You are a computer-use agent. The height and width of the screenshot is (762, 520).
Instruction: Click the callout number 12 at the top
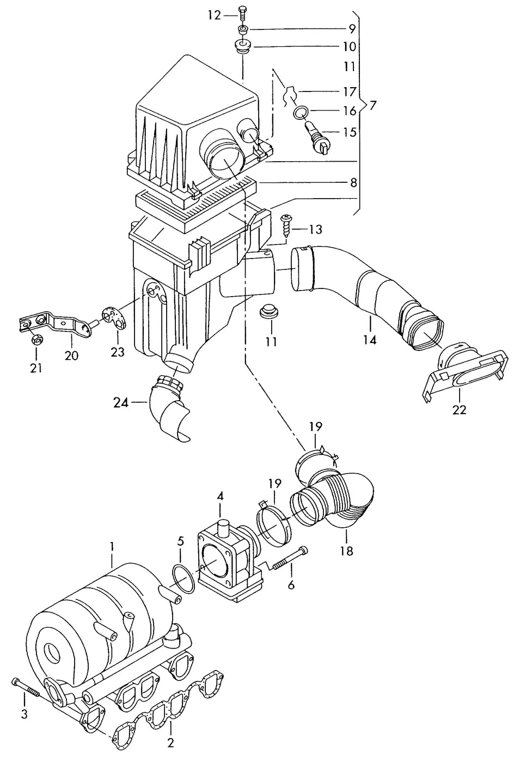click(215, 15)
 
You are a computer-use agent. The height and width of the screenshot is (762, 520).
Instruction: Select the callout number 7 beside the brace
click(374, 106)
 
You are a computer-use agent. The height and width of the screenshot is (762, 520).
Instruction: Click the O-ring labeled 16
click(301, 112)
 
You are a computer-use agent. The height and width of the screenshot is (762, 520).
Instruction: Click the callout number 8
click(353, 183)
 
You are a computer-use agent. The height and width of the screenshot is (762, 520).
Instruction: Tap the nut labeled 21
click(36, 339)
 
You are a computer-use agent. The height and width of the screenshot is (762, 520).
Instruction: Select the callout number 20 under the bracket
click(72, 355)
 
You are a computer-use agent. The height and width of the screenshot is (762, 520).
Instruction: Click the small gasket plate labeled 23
click(114, 318)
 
